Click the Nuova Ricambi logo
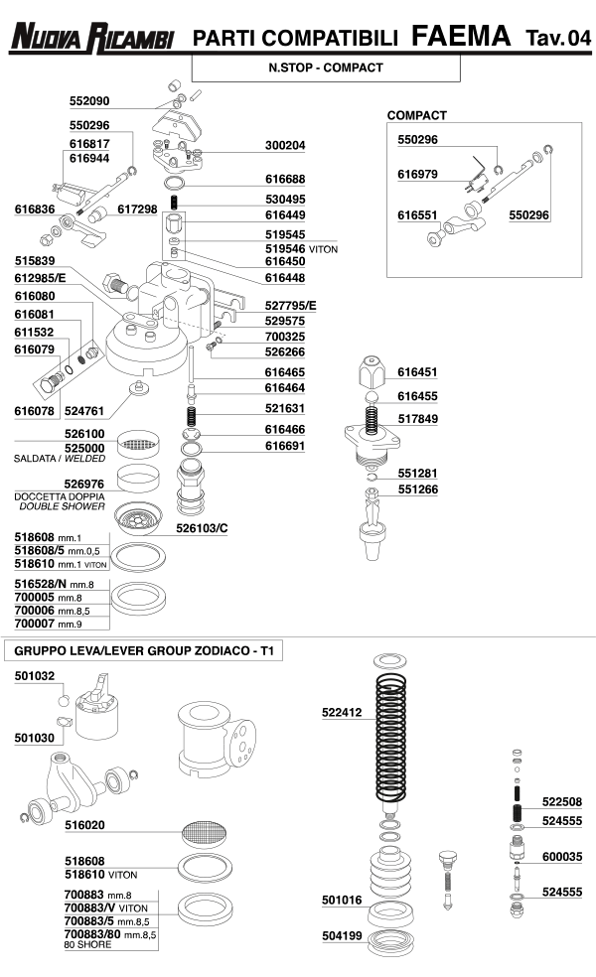[92, 38]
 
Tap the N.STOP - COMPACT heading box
[326, 69]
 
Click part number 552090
[89, 101]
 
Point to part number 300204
[285, 145]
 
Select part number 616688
[285, 180]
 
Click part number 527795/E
[290, 306]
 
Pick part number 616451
[417, 373]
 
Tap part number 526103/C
[202, 528]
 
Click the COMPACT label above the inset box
[416, 116]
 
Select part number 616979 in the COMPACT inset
[417, 174]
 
